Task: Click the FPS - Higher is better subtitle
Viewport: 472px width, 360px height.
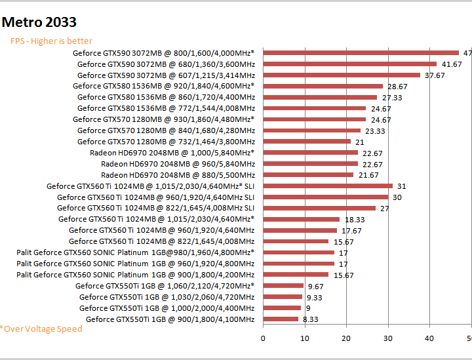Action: point(51,41)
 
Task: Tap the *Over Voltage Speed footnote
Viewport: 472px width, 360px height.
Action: point(41,329)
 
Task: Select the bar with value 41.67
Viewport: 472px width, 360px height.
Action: point(349,64)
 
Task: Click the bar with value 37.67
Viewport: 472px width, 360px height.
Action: point(342,75)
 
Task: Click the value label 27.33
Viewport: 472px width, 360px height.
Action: point(392,98)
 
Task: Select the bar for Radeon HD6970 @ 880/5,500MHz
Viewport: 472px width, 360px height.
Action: point(308,175)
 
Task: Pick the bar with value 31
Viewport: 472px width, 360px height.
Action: point(328,186)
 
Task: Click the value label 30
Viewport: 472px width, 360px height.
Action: point(397,197)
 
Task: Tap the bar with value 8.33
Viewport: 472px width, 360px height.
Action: point(281,319)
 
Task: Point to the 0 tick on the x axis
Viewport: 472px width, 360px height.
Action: point(263,338)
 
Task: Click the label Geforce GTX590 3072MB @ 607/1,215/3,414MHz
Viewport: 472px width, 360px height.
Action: point(166,75)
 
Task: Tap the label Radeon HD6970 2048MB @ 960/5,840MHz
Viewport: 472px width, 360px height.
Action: point(178,164)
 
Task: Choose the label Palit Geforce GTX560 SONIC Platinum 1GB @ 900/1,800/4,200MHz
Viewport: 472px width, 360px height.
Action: point(135,275)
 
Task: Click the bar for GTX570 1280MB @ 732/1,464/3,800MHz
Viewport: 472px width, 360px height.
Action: point(307,142)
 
